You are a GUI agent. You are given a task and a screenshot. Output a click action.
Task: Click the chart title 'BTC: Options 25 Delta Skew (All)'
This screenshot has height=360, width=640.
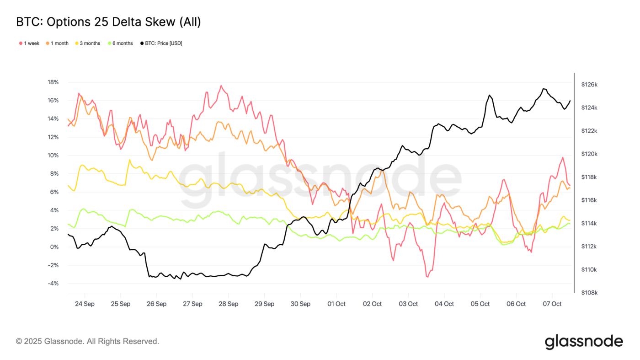108,21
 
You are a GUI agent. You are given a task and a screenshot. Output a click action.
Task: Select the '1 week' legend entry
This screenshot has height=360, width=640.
29,43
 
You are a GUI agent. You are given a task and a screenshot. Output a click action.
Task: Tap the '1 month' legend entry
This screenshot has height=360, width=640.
57,43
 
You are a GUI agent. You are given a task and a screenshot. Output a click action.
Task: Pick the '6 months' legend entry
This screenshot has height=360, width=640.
120,43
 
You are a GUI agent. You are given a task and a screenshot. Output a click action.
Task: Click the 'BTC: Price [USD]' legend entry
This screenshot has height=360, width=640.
161,43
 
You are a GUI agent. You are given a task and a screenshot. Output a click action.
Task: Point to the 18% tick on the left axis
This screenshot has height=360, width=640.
53,82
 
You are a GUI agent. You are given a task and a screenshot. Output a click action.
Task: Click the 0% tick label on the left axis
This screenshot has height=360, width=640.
54,247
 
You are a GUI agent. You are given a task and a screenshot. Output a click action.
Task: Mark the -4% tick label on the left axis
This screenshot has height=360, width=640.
53,284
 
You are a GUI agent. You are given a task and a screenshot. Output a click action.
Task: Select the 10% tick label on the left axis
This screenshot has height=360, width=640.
53,156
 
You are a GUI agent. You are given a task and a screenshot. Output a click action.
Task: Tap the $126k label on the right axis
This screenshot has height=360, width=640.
589,85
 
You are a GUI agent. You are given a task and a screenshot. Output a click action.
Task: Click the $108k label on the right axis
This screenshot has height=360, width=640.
589,293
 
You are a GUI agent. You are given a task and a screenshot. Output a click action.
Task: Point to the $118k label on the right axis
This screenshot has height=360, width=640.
589,177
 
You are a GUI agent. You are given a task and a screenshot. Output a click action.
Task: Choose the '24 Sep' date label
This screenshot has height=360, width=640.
85,304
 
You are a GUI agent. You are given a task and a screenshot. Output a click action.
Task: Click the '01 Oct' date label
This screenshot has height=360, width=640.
336,304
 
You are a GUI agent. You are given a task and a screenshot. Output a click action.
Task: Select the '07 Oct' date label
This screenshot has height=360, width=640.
552,304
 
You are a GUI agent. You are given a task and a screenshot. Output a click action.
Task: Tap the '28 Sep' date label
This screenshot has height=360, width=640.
229,304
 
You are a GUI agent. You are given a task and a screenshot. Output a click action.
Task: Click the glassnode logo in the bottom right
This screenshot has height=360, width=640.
584,341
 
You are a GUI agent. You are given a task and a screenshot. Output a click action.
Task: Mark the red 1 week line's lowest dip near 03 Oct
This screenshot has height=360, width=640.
427,277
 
